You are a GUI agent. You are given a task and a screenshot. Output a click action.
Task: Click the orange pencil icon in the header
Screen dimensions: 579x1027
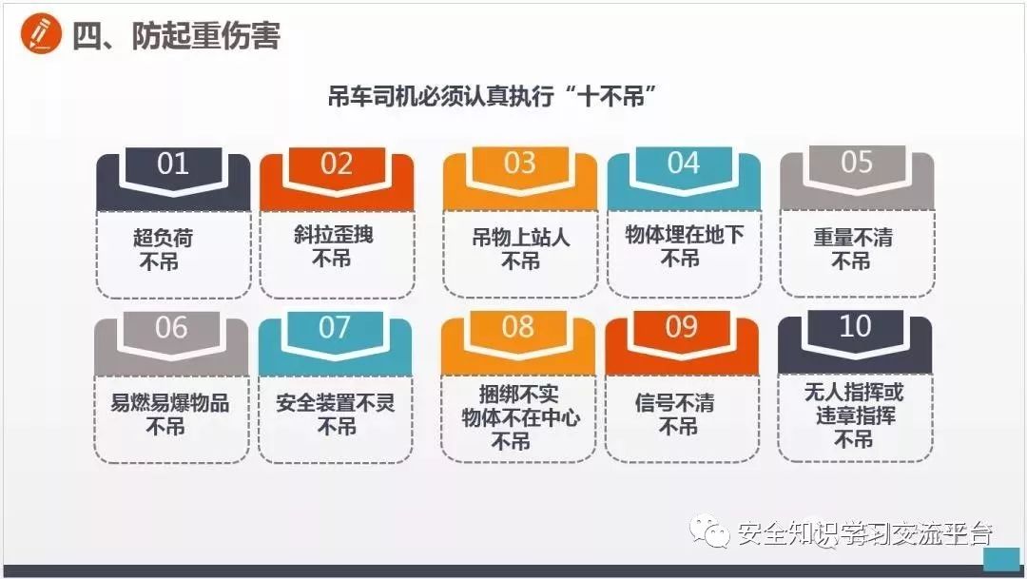39,35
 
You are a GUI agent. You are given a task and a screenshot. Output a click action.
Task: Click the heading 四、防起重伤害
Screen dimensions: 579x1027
176,36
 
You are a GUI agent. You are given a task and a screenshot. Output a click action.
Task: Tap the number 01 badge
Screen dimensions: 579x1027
173,164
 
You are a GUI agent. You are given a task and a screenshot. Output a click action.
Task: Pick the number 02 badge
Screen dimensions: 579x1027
337,164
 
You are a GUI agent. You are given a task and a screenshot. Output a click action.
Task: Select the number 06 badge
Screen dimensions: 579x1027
171,328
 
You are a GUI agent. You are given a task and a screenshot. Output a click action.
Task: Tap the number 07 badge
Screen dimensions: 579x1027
335,328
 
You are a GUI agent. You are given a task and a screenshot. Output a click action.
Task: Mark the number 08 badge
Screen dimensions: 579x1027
518,327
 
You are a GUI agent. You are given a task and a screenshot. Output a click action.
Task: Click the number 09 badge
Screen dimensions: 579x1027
682,327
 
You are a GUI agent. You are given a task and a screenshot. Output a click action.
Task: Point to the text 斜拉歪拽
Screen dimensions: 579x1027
333,234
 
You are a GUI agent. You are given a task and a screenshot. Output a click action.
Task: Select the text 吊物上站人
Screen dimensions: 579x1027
520,237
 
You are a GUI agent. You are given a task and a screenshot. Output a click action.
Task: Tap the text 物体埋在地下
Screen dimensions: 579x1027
684,235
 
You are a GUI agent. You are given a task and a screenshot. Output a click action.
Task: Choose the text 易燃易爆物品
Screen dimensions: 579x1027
170,401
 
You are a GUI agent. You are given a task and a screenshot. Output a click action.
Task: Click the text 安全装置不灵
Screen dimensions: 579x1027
335,402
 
